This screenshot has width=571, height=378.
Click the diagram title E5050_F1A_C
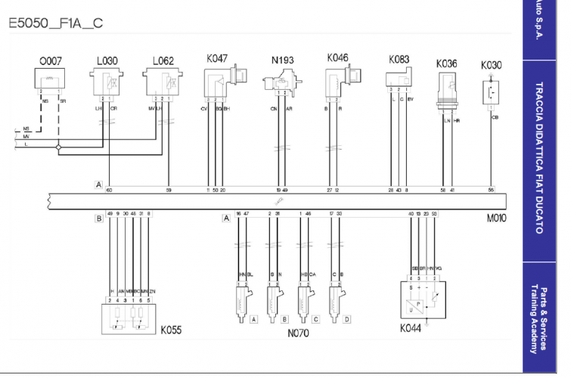pos(56,23)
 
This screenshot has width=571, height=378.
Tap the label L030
pos(107,60)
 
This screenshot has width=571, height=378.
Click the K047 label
pos(217,57)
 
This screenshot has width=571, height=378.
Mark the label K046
pos(337,57)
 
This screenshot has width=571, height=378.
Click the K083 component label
pos(399,59)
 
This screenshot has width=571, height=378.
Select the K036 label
pos(446,64)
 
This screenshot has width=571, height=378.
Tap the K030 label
pos(492,65)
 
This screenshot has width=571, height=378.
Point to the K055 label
pos(171,330)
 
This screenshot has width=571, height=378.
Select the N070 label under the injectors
pos(298,333)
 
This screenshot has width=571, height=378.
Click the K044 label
pos(412,330)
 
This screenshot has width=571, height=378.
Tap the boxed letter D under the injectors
pos(347,319)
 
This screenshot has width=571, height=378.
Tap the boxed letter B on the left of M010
pos(98,218)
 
